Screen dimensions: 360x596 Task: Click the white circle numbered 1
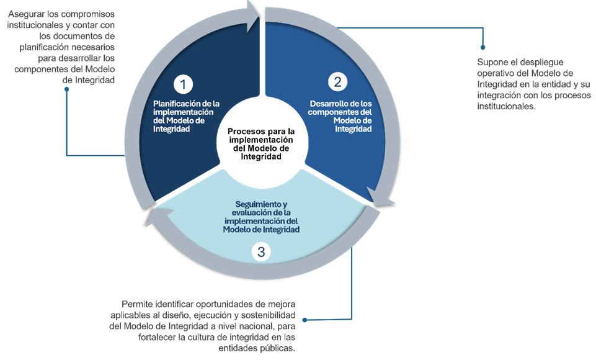coord(182,83)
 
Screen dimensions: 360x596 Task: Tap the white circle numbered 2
coord(337,81)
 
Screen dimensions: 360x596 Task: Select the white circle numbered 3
coord(261,252)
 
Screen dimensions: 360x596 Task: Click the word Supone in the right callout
coord(492,62)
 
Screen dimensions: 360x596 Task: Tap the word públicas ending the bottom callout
coord(277,348)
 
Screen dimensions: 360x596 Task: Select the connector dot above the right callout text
coord(483,47)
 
